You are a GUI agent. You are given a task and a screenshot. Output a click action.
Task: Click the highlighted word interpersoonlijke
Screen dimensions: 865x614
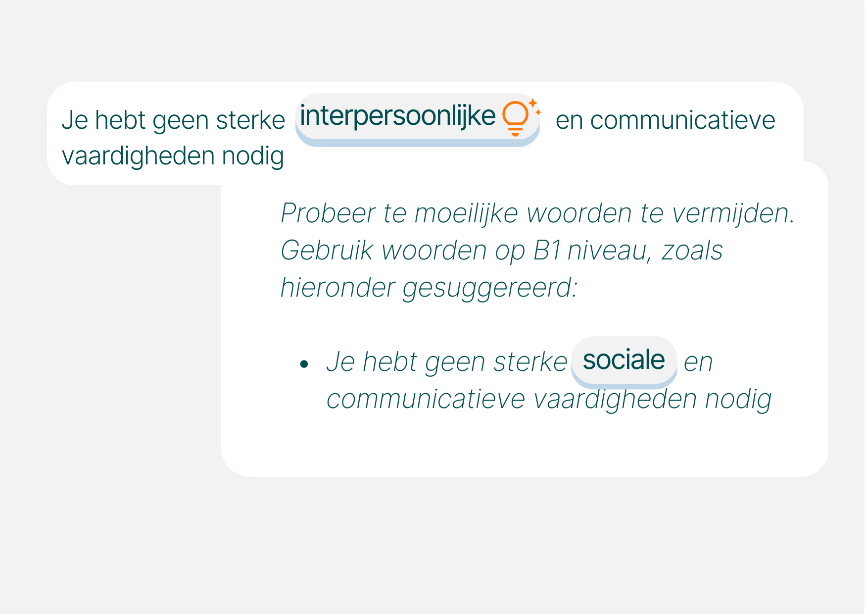pos(397,117)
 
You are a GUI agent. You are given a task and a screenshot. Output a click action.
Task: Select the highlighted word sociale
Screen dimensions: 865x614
pos(624,360)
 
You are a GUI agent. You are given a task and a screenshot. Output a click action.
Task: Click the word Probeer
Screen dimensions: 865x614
pos(328,214)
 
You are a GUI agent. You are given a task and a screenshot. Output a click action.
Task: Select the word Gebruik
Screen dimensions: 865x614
pos(327,251)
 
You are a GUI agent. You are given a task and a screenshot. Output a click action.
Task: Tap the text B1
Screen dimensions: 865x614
pos(547,251)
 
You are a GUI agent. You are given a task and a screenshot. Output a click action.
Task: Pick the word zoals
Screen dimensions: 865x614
pos(692,251)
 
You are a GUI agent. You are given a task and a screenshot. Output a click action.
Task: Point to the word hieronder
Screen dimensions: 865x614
pos(337,288)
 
